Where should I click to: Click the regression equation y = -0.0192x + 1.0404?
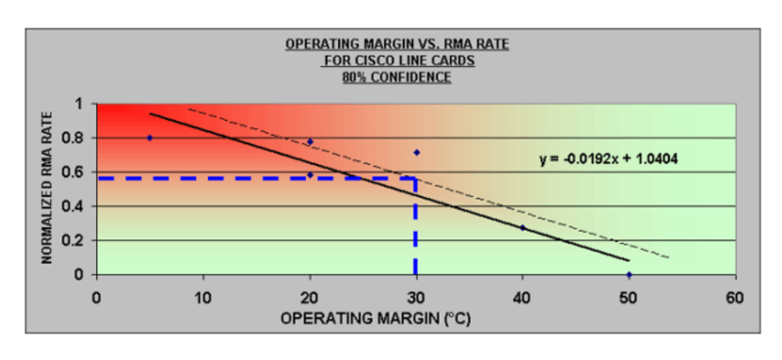click(608, 160)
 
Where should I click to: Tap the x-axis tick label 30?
click(416, 299)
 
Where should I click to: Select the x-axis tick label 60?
click(735, 299)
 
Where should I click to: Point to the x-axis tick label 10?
click(203, 299)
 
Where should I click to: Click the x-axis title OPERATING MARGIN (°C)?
click(375, 319)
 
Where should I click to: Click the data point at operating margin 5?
click(150, 138)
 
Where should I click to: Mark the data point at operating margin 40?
click(523, 228)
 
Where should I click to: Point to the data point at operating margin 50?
click(629, 275)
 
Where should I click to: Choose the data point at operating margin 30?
click(416, 152)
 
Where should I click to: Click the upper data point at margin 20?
click(310, 142)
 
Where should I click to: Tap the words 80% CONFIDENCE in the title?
click(397, 78)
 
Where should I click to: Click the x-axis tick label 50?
click(629, 299)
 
